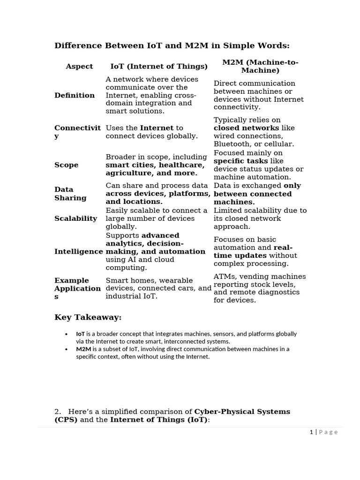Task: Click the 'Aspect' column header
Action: [79, 67]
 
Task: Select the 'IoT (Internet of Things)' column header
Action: [158, 67]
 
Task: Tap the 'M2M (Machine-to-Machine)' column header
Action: [260, 67]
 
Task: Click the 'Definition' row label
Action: [75, 96]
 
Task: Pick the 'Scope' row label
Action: [67, 165]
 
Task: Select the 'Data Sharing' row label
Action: [70, 194]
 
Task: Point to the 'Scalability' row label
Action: [76, 218]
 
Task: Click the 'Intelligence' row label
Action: [78, 252]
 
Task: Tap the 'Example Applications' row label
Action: [77, 288]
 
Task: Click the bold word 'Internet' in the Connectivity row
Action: [157, 128]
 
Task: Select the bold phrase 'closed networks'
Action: [246, 128]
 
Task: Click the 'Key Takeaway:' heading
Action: [88, 318]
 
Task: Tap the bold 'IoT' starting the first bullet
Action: [80, 334]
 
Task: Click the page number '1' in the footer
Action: [311, 432]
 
